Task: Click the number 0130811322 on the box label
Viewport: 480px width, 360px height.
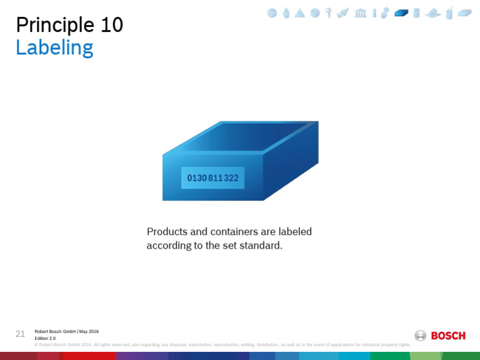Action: pos(212,178)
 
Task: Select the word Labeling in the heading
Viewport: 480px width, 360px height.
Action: pos(54,48)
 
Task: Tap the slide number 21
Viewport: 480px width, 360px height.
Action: pos(20,333)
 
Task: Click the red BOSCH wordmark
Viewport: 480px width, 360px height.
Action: pos(448,336)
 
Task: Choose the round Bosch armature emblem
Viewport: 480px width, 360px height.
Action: pos(421,336)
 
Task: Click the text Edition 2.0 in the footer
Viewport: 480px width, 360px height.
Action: pos(45,338)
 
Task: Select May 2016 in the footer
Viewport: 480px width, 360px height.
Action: pos(89,331)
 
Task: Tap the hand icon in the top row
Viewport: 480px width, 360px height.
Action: pos(286,13)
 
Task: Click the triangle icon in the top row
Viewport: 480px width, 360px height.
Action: pos(300,13)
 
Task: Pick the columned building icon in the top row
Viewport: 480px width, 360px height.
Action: pos(361,13)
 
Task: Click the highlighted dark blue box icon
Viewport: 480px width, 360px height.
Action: pos(401,13)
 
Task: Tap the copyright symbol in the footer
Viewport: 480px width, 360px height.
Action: pos(36,344)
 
